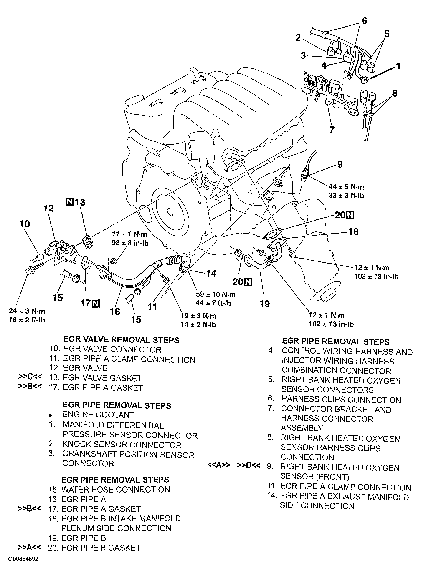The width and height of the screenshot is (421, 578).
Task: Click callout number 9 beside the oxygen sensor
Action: coord(340,165)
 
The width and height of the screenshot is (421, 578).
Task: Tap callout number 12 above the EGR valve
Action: coord(48,208)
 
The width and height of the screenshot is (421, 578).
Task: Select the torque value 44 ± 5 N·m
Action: coord(346,187)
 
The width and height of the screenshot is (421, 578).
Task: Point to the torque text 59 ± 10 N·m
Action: coord(216,294)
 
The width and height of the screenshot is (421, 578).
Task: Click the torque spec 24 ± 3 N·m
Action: coord(27,311)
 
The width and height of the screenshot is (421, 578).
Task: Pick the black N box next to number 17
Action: coord(96,303)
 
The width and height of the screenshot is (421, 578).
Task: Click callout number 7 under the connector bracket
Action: coord(332,130)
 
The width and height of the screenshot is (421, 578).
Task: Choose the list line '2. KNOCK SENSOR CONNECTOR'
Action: coord(115,445)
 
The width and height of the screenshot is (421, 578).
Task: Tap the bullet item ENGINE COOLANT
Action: coord(98,415)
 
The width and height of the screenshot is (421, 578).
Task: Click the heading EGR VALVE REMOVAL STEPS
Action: coord(121,340)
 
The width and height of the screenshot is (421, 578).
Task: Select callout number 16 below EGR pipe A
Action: coord(115,312)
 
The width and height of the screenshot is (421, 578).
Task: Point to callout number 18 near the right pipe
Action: coord(353,232)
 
